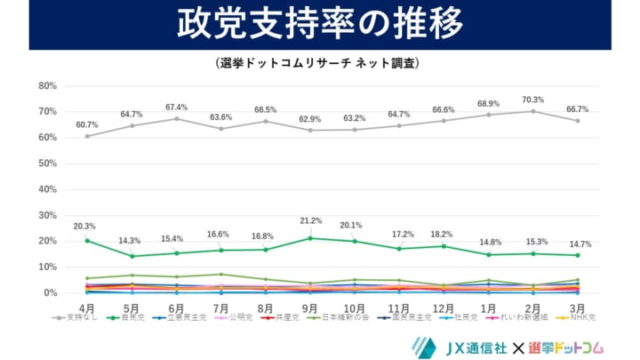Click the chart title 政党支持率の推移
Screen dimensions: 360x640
tap(319, 24)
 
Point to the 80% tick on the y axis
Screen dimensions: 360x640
tap(47, 86)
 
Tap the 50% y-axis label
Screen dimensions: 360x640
tap(47, 164)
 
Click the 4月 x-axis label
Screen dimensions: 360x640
tap(86, 308)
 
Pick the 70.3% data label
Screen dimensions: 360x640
tap(533, 100)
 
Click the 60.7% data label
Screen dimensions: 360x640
tap(86, 124)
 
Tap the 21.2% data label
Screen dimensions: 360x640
tap(309, 221)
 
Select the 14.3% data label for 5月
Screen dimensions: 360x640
tap(132, 240)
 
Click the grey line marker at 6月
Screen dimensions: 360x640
tap(176, 118)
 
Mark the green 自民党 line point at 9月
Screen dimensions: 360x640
tap(309, 238)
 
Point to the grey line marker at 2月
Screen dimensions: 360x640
tap(533, 111)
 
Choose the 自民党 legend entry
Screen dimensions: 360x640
tap(128, 317)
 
